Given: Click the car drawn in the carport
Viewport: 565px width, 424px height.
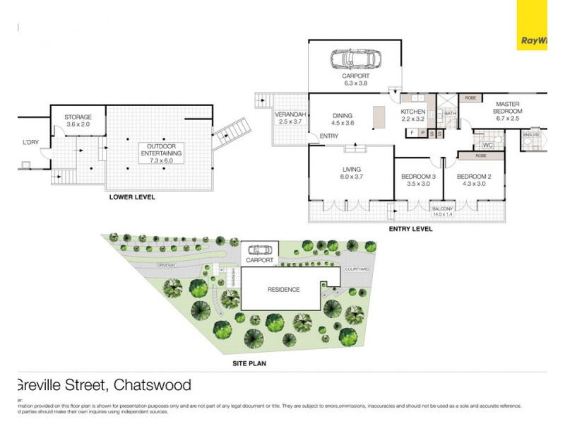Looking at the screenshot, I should click(355, 59).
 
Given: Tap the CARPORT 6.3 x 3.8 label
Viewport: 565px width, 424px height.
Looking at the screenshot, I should click(355, 79).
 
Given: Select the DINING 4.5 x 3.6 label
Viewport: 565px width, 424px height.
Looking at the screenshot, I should click(343, 119).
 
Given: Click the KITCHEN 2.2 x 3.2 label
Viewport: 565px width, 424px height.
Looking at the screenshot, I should click(412, 116).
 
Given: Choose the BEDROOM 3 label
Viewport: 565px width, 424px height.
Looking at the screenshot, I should click(417, 179).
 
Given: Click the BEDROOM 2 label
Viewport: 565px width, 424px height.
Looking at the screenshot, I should click(471, 179).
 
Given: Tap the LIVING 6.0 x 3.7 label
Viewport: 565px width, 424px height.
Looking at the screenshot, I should click(351, 173).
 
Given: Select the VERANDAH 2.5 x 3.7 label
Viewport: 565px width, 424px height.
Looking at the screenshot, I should click(290, 118).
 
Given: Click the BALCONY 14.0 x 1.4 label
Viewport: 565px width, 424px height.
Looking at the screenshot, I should click(443, 211).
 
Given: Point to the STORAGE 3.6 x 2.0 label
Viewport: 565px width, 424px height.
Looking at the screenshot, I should click(78, 120).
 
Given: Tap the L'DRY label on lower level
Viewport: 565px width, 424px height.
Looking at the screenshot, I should click(30, 143).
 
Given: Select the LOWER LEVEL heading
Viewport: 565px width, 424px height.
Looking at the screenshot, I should click(131, 197).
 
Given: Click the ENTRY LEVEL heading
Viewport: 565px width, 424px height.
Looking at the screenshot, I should click(410, 229).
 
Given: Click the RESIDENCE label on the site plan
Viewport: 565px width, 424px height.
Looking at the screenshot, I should click(282, 290).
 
